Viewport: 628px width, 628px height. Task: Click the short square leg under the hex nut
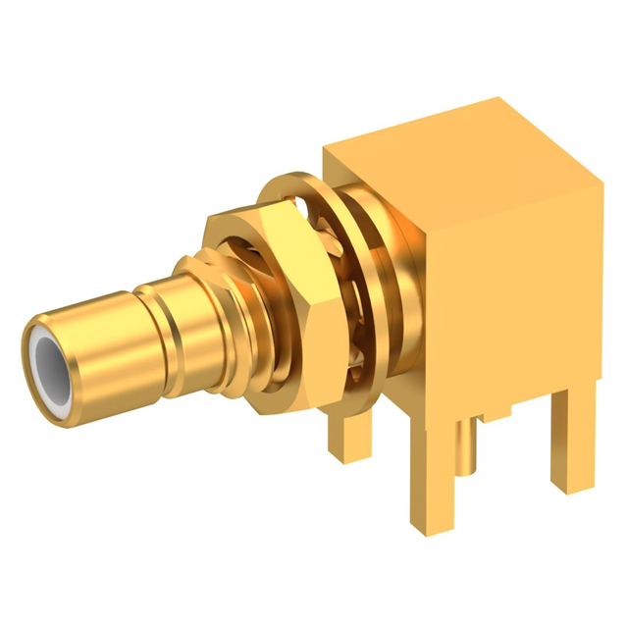tap(343, 432)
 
